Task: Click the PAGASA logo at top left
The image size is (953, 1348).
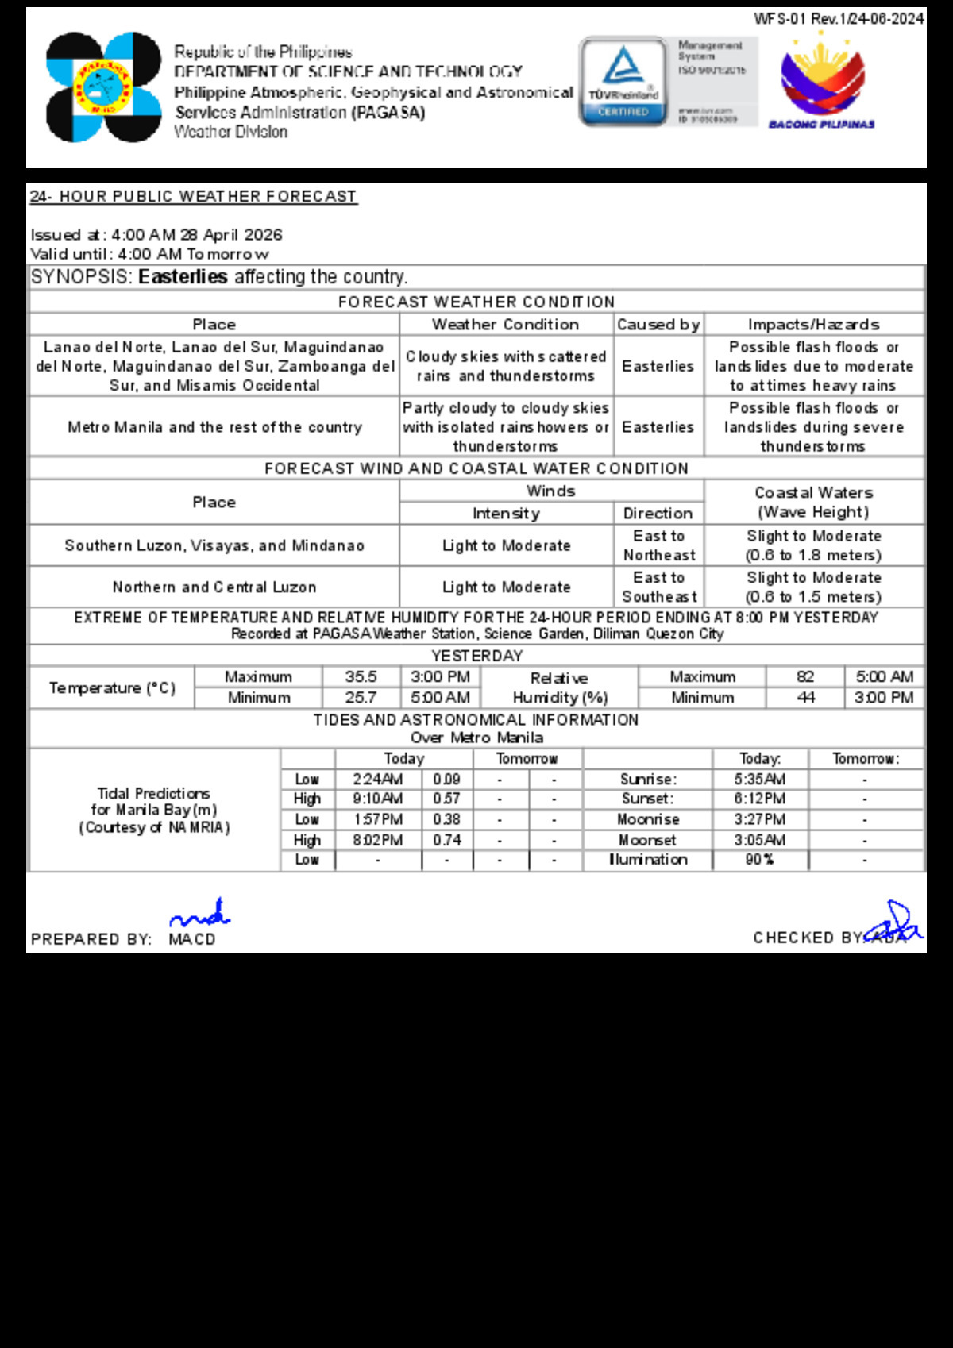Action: [x=103, y=87]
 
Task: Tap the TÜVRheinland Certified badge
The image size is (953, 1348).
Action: [x=623, y=81]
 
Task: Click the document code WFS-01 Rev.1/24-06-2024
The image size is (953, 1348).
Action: [x=839, y=18]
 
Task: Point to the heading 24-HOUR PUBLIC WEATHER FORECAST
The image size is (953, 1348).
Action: [x=193, y=196]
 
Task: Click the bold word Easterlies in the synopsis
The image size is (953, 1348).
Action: [x=183, y=277]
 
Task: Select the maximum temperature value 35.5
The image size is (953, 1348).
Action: [x=361, y=677]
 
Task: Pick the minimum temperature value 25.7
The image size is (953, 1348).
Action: [x=361, y=698]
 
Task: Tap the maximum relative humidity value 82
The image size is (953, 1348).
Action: [x=805, y=677]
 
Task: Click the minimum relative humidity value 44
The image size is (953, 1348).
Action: [x=805, y=698]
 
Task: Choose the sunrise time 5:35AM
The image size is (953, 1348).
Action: [x=760, y=780]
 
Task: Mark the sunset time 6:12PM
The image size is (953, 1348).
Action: [x=760, y=799]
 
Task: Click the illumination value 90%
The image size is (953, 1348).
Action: [x=760, y=860]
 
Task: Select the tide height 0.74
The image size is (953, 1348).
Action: [x=447, y=840]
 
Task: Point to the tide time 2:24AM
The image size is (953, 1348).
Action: [x=378, y=780]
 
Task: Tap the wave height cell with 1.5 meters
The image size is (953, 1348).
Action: [x=813, y=587]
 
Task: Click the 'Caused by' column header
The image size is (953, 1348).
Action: [x=658, y=325]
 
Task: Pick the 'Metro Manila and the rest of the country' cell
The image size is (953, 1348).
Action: [x=214, y=427]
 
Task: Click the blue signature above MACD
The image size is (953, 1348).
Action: [x=200, y=915]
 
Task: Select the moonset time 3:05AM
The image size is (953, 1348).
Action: [x=760, y=840]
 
